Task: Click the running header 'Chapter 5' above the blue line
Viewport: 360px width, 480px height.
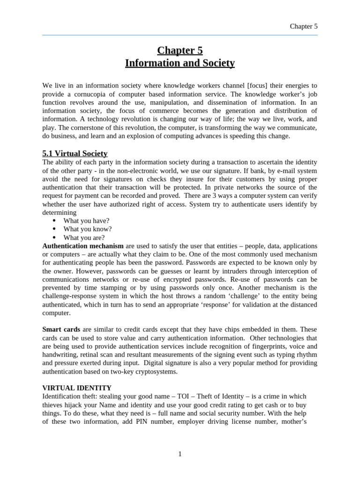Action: coord(303,26)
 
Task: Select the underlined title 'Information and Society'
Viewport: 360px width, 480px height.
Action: coord(180,62)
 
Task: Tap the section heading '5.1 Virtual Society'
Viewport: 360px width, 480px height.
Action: coord(75,153)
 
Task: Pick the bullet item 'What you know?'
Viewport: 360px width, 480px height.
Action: coord(88,229)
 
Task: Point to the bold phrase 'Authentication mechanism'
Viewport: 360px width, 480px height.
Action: coord(83,246)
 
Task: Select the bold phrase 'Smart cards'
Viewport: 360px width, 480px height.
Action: coord(61,329)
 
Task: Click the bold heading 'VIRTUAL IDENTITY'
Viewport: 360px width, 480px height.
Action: coord(77,388)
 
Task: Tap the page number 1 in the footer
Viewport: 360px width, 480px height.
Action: coord(180,454)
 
